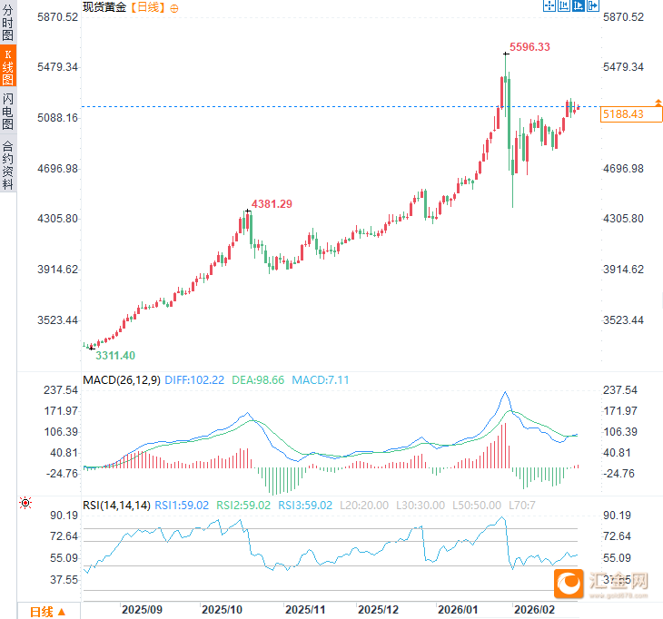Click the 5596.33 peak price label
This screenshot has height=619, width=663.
click(529, 46)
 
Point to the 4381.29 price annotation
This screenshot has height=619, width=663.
click(272, 203)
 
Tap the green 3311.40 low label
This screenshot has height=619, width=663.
click(114, 355)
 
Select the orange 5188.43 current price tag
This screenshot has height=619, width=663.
click(623, 113)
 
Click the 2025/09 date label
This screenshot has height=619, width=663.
click(143, 610)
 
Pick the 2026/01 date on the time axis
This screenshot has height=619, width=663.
click(456, 610)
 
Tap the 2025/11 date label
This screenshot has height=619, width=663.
click(305, 610)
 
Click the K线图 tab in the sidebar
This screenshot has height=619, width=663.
click(8, 66)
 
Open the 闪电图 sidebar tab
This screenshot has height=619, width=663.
click(8, 111)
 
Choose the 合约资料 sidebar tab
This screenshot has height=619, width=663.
click(8, 164)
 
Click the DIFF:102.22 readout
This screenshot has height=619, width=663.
click(194, 379)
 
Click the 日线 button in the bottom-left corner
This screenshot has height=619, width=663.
click(47, 611)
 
